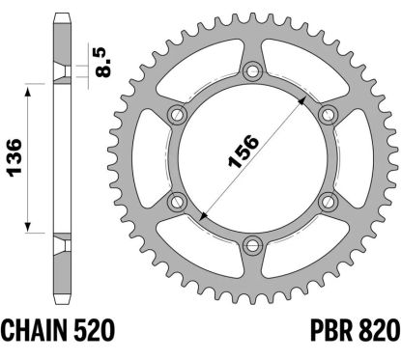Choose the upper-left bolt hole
[x=177, y=115]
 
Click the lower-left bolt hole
[x=177, y=200]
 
